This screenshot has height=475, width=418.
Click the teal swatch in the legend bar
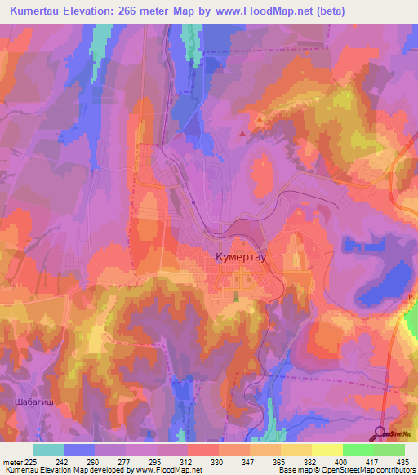click(48, 450)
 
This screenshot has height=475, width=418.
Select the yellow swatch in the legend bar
click(327, 450)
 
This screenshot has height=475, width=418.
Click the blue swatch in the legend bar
click(79, 450)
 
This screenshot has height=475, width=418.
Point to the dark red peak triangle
click(242, 132)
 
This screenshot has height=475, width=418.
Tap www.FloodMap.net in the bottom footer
click(175, 470)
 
